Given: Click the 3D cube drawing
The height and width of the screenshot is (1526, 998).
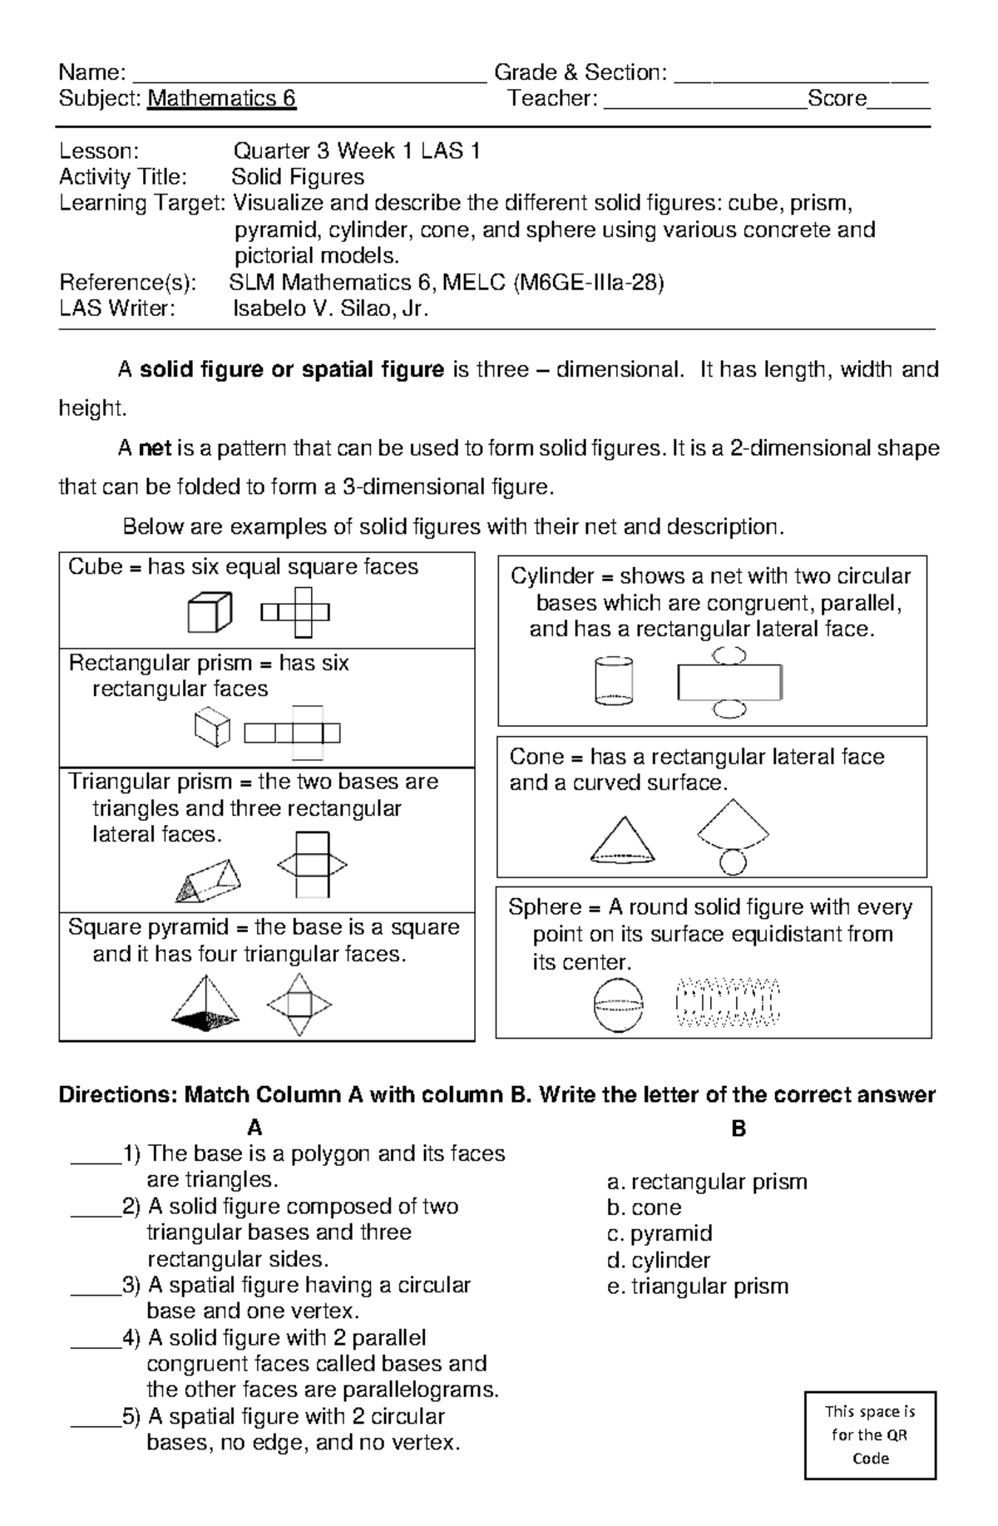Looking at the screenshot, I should click(208, 612).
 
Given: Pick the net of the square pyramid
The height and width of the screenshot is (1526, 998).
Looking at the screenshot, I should click(299, 1005).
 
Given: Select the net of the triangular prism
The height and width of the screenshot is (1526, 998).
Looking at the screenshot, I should click(312, 865).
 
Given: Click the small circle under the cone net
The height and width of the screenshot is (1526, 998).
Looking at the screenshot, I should click(732, 862).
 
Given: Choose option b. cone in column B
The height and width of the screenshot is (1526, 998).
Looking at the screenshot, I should click(645, 1207).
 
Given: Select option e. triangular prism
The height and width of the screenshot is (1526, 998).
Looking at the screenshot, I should click(697, 1286).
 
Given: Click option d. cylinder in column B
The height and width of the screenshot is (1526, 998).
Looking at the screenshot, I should click(659, 1260).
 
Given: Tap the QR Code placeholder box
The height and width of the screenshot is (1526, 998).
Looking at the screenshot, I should click(870, 1435).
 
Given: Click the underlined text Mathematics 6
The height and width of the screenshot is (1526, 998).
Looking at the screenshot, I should click(221, 99).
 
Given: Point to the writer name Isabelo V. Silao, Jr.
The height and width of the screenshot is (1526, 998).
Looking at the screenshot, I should click(330, 309).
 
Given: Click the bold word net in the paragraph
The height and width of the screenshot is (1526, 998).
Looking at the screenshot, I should click(155, 449).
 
